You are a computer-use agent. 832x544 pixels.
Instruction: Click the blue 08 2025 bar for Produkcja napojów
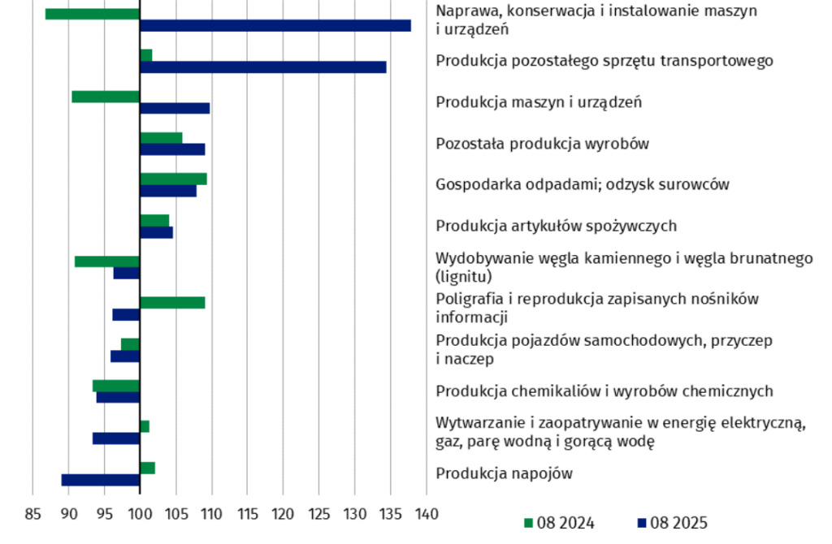(101, 480)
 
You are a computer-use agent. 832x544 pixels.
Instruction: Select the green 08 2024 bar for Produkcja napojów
(147, 468)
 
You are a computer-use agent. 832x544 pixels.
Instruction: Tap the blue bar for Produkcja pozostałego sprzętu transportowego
(262, 67)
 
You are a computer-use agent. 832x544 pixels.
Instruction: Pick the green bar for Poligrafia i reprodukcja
(172, 303)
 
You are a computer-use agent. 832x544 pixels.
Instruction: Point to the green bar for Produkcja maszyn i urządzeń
(106, 97)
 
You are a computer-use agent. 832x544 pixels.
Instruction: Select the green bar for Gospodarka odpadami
(173, 179)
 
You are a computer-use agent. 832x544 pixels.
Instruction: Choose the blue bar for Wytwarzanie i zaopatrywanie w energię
(116, 438)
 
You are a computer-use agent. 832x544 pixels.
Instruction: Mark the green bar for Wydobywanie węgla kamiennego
(107, 261)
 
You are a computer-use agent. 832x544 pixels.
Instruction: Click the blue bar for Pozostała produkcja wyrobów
(172, 149)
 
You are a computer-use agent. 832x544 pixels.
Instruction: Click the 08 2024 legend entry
(560, 523)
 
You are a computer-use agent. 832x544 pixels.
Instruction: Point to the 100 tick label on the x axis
(140, 514)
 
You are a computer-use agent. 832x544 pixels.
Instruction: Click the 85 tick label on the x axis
(32, 514)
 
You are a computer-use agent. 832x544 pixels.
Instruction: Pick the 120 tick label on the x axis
(283, 514)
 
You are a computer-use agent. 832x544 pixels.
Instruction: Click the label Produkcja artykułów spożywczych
(556, 226)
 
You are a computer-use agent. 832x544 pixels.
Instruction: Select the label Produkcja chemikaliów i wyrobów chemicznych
(604, 391)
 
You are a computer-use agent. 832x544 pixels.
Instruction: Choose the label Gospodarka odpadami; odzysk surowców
(582, 184)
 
